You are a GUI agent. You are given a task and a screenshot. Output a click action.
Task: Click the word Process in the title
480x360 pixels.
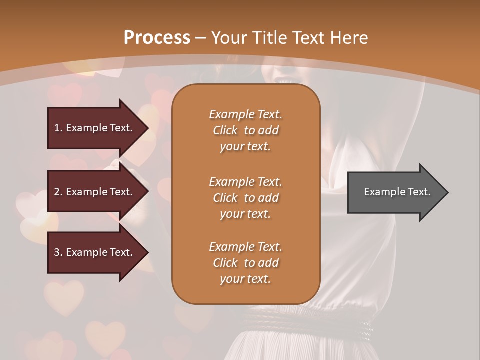tap(157, 38)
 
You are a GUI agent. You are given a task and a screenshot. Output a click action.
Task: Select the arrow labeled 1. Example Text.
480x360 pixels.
tap(95, 128)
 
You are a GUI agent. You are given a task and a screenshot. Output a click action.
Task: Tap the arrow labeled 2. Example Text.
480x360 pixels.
tap(95, 192)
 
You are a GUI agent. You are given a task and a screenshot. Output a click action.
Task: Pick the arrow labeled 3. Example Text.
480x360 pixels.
tap(95, 252)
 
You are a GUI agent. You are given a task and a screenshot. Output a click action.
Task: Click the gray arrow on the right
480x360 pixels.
tap(395, 192)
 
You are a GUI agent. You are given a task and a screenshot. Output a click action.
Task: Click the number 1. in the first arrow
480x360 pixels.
tap(58, 128)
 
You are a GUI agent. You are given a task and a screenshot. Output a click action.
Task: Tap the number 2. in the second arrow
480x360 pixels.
tap(58, 192)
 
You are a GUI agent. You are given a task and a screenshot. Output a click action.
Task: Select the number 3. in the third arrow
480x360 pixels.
tap(58, 252)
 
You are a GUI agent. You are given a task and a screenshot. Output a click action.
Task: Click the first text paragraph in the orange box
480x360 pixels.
tap(245, 130)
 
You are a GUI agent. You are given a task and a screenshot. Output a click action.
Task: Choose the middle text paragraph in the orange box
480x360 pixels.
tap(245, 198)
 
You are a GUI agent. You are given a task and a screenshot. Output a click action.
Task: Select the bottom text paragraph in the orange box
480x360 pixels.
tap(245, 263)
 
